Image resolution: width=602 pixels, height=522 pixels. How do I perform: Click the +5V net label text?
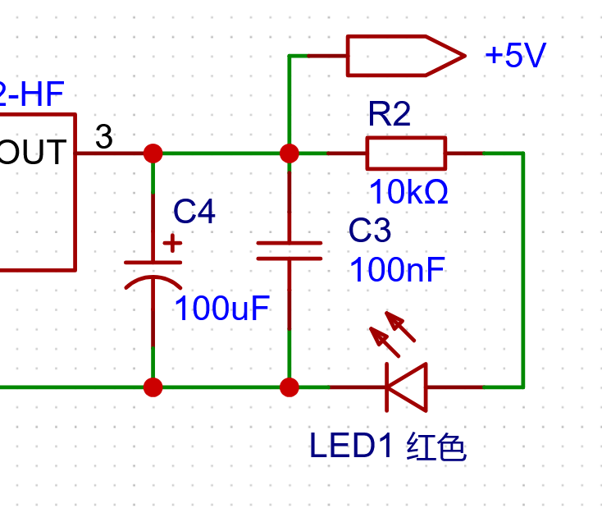coord(515,56)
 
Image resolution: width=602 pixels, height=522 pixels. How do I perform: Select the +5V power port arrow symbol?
coord(406,56)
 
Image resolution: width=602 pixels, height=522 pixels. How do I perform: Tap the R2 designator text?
coord(390,114)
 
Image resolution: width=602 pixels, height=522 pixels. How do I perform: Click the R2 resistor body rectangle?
coord(406,153)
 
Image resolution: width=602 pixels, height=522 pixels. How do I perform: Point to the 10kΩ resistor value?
coord(408,191)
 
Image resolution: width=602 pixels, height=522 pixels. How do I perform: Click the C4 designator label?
coord(194,211)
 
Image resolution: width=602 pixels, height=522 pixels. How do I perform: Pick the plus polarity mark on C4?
coord(172,243)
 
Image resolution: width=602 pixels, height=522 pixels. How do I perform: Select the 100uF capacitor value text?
coord(222,308)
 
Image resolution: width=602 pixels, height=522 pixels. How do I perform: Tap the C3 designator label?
coord(370,230)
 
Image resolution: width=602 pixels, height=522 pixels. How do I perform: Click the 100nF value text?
coord(397,270)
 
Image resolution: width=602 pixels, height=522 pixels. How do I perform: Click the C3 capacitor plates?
coord(289,251)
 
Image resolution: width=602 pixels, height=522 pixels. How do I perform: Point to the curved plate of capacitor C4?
coord(153,282)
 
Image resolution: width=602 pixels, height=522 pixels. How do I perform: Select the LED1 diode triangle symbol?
coord(407,387)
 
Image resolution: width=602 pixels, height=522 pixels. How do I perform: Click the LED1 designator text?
coord(351,445)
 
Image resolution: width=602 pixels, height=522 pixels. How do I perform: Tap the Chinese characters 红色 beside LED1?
coord(436,446)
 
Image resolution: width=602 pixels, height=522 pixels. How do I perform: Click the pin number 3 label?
coord(103,136)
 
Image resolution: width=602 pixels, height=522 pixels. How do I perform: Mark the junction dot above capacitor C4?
coord(153,153)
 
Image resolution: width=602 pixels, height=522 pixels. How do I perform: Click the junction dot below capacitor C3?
coord(289,387)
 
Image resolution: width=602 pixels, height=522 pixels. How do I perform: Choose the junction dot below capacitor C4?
coord(153,387)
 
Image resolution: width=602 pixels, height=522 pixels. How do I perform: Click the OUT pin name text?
coord(32,152)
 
